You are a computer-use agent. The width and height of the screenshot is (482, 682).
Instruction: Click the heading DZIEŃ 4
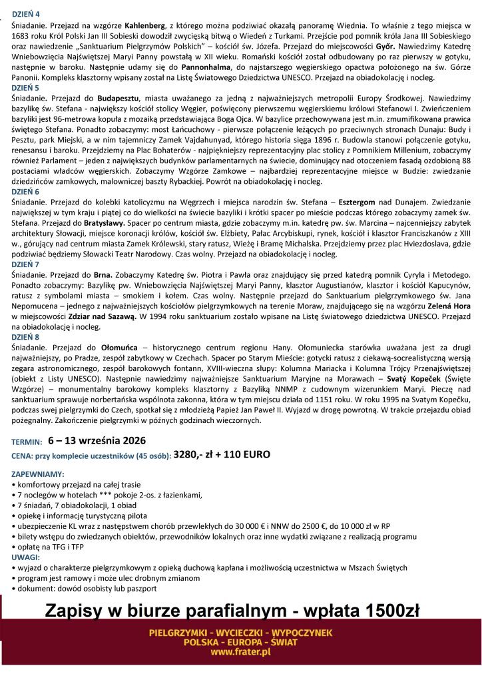[25, 13]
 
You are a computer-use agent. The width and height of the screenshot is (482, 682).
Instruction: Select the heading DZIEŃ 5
[25, 87]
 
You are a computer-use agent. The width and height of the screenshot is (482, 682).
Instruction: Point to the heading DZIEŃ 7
[25, 264]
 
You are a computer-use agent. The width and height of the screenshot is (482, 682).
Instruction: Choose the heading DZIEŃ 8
[25, 337]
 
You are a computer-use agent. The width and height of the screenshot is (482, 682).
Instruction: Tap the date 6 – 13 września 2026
[97, 441]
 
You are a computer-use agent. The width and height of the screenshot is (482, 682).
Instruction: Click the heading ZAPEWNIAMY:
[38, 474]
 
